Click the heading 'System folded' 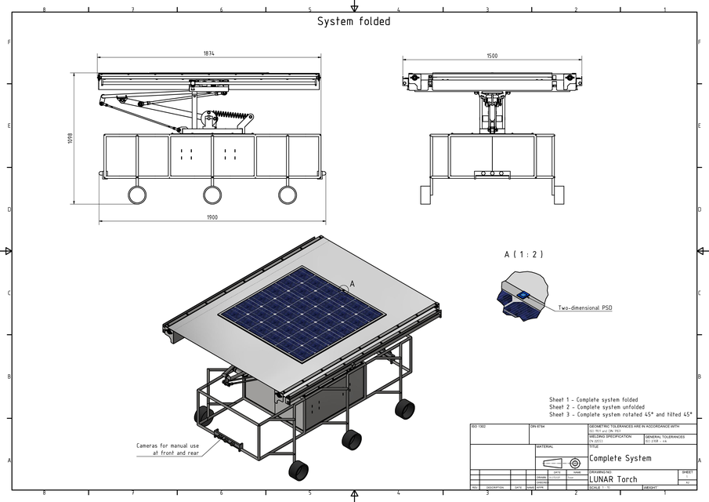pyautogui.click(x=353, y=22)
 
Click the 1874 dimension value pyautogui.click(x=208, y=53)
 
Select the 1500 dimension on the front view pyautogui.click(x=492, y=56)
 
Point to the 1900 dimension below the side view pyautogui.click(x=212, y=217)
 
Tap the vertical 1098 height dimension pyautogui.click(x=70, y=137)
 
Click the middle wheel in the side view pyautogui.click(x=212, y=195)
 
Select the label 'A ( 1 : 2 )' pyautogui.click(x=524, y=255)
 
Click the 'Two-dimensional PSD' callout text pyautogui.click(x=584, y=308)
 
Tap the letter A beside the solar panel pyautogui.click(x=352, y=283)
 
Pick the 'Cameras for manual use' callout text pyautogui.click(x=167, y=445)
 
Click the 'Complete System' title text pyautogui.click(x=620, y=458)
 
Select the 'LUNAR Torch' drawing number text pyautogui.click(x=613, y=478)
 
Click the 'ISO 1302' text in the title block pyautogui.click(x=477, y=427)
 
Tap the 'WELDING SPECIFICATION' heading pyautogui.click(x=610, y=436)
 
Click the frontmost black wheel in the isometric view pyautogui.click(x=298, y=470)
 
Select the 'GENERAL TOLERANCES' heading pyautogui.click(x=664, y=436)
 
